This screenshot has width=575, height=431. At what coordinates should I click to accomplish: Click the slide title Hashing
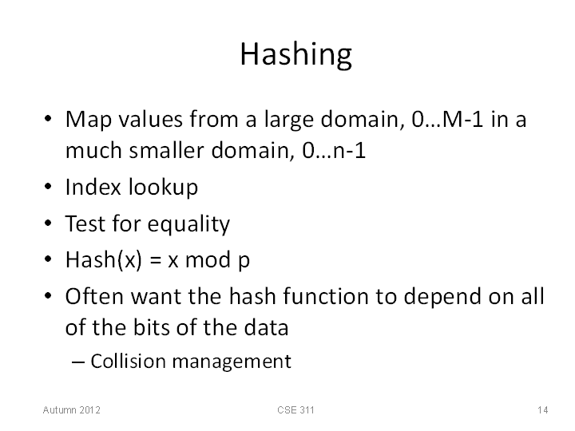point(296,54)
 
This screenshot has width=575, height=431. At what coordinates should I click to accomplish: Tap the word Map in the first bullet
point(89,120)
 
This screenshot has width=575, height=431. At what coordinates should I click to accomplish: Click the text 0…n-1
point(334,150)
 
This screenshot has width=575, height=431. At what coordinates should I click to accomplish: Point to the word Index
point(93,187)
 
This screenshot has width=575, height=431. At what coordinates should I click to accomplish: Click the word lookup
point(163,188)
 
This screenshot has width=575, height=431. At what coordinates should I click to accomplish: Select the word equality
point(188,224)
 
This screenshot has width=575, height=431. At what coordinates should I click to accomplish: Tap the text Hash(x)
point(103,260)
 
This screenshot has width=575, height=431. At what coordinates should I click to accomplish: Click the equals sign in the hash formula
point(155,260)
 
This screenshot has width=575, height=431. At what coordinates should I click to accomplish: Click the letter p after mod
point(244,263)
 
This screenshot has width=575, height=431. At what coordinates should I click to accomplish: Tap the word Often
point(94,296)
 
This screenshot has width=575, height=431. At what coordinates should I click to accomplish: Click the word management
point(232,362)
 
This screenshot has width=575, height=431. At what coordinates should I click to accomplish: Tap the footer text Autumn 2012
point(72,409)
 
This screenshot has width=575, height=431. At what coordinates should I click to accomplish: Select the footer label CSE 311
point(295,409)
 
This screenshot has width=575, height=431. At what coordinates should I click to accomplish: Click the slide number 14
point(543,409)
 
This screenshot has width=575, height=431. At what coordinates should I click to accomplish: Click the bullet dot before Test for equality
point(48,223)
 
